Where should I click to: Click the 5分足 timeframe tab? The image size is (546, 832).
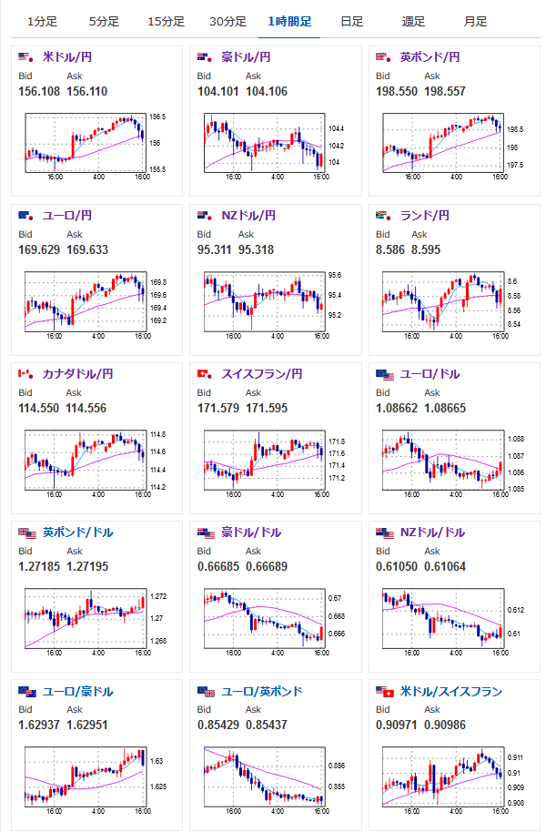coord(104,21)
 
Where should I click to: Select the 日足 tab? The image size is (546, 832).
coord(351,21)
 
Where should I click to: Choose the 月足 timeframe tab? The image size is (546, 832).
coord(474,21)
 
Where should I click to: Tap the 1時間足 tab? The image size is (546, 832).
coord(288,21)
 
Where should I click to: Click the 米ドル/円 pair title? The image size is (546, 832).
coord(67,57)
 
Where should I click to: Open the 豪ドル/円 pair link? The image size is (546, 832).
coord(246,57)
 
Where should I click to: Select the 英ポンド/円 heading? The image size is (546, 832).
coord(430,57)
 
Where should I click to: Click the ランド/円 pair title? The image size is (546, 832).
coord(425,216)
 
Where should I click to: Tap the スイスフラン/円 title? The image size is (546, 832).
coord(261,374)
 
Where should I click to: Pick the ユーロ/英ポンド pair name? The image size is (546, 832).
coord(261,692)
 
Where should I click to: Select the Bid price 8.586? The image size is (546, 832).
coord(390,249)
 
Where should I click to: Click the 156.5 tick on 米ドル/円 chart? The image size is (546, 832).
coord(157,117)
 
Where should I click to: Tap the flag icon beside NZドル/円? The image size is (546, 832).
coord(204,216)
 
